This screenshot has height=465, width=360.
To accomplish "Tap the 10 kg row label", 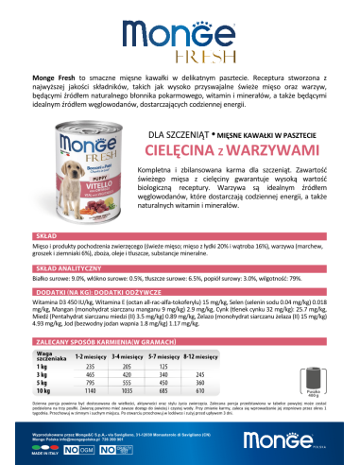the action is click(x=43, y=389).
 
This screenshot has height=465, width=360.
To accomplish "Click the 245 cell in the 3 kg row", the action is click(x=227, y=373).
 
